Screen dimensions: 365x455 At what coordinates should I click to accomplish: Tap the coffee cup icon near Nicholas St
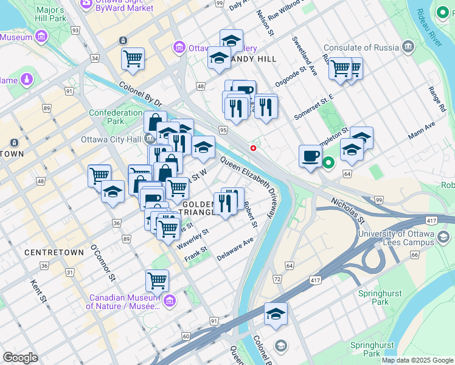310,156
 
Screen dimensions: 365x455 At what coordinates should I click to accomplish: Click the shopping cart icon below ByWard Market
133,59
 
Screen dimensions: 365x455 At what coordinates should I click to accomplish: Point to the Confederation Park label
116,117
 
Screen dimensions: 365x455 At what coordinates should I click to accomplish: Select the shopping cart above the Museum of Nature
157,281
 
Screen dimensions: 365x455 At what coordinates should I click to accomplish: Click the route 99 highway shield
378,200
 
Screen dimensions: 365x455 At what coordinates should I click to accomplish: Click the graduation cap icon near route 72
276,315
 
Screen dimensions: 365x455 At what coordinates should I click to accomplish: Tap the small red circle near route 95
253,148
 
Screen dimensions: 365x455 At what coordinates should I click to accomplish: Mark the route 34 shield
95,58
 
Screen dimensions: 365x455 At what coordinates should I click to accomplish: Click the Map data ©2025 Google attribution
417,360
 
